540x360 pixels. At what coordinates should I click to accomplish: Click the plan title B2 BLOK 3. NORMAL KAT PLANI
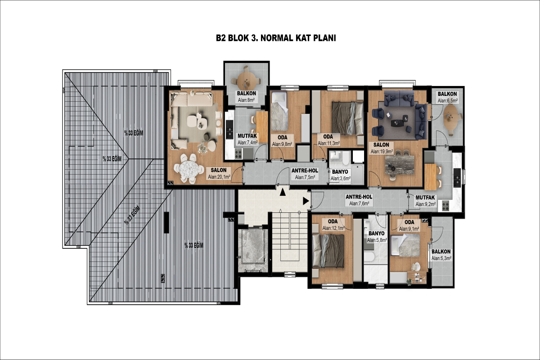[x=276, y=38]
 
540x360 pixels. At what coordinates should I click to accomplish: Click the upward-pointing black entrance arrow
[x=283, y=192]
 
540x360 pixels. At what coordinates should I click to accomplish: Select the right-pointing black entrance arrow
[x=306, y=201]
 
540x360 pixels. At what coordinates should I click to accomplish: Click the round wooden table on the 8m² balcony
[x=246, y=81]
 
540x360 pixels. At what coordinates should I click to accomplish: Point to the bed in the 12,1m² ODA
[x=328, y=251]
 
